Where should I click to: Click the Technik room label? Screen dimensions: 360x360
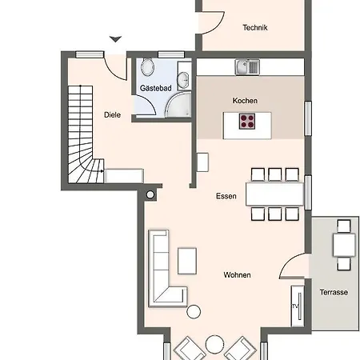(255, 27)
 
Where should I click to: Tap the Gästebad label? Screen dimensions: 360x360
(156, 88)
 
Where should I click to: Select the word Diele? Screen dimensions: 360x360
(112, 115)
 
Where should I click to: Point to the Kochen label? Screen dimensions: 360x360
(245, 101)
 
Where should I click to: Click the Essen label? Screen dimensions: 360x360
(226, 196)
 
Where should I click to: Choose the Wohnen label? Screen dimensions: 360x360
(237, 275)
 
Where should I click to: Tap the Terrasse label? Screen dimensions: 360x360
(334, 292)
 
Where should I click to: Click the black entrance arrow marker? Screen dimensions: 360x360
(115, 39)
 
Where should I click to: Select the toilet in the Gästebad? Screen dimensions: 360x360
(147, 66)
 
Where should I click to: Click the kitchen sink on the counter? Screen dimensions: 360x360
(247, 67)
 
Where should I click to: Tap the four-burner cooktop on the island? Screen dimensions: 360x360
(247, 122)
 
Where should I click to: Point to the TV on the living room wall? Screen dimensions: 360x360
(298, 306)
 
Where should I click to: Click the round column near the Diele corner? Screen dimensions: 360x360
(150, 195)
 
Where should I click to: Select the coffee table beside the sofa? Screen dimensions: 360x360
(187, 261)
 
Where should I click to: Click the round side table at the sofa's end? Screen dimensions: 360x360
(194, 312)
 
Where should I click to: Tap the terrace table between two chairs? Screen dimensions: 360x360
(344, 245)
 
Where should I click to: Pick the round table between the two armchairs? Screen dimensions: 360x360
(214, 344)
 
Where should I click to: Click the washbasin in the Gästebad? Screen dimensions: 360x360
(183, 79)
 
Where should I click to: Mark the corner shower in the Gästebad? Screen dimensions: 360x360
(178, 104)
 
